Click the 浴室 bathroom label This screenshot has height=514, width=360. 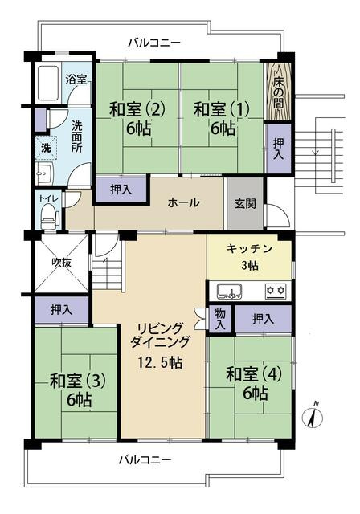point(76,80)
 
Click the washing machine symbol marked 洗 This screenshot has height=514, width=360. point(46,149)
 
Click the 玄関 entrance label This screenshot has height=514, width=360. point(246,203)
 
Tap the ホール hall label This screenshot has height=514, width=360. point(183,202)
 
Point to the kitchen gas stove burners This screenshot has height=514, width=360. point(276,290)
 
